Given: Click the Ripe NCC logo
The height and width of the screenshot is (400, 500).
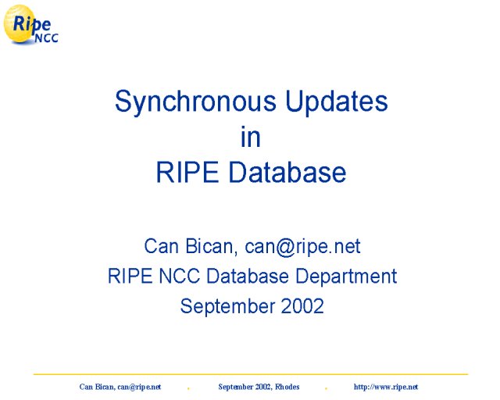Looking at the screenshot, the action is pyautogui.click(x=30, y=24).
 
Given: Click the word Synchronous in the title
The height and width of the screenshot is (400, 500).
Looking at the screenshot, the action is pyautogui.click(x=195, y=102).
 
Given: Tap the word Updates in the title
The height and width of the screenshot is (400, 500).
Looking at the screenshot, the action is pyautogui.click(x=337, y=101).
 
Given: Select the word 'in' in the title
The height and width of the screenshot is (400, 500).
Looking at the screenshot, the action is pyautogui.click(x=251, y=137).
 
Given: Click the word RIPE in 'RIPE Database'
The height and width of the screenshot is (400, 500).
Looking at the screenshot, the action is pyautogui.click(x=187, y=172).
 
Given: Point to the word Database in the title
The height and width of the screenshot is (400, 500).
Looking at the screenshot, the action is pyautogui.click(x=287, y=172).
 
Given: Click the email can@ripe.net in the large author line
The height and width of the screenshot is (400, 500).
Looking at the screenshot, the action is pyautogui.click(x=302, y=247).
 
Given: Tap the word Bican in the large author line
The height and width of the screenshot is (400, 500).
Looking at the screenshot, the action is pyautogui.click(x=209, y=246).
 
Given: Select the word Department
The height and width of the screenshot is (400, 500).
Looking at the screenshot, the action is pyautogui.click(x=346, y=277).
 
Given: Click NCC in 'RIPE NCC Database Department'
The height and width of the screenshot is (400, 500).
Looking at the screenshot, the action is pyautogui.click(x=179, y=276).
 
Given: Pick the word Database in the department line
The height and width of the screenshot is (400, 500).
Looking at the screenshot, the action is pyautogui.click(x=248, y=276).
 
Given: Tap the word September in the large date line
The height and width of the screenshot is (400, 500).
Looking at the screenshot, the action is pyautogui.click(x=227, y=307).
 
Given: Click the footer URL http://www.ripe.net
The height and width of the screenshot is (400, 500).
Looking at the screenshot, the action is pyautogui.click(x=386, y=387).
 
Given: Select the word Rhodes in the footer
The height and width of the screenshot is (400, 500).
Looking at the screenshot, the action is pyautogui.click(x=287, y=387).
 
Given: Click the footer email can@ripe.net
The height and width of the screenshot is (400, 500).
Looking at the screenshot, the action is pyautogui.click(x=139, y=387).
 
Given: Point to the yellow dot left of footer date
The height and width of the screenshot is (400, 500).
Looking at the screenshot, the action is pyautogui.click(x=188, y=388).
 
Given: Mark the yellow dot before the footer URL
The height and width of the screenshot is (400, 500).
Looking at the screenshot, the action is pyautogui.click(x=326, y=388).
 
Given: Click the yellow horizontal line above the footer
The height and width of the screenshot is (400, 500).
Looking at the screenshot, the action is pyautogui.click(x=251, y=374).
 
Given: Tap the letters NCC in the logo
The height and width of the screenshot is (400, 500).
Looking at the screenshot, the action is pyautogui.click(x=47, y=38).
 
